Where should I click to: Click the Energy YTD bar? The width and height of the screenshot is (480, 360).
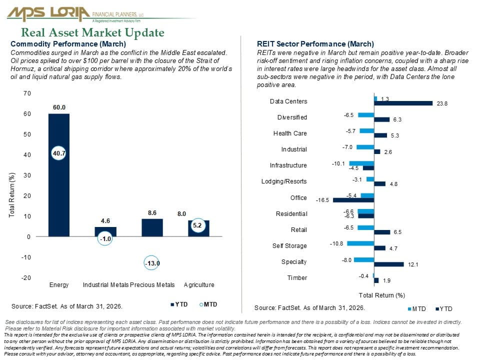[x=59, y=175]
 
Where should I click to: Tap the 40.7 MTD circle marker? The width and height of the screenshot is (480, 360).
[x=59, y=153]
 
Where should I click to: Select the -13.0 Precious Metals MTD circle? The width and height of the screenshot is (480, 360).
[x=152, y=263]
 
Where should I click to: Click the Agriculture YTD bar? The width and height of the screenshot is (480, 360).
[x=198, y=228]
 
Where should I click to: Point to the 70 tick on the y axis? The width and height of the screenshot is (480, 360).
[x=27, y=93]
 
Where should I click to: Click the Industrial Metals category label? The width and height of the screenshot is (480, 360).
[x=105, y=284]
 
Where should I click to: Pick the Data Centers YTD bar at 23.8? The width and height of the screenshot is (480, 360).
[x=403, y=103]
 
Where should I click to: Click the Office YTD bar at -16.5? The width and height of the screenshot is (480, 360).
[x=353, y=200]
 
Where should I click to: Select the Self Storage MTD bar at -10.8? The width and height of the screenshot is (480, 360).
[x=360, y=243]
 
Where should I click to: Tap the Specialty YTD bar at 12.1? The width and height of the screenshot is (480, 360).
[x=389, y=264]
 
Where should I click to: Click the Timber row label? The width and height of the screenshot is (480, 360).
[x=297, y=277]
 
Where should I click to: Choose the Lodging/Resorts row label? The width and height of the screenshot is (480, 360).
[x=284, y=181]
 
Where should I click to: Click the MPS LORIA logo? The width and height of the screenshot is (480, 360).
[x=75, y=14]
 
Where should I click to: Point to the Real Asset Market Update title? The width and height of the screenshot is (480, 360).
[x=92, y=32]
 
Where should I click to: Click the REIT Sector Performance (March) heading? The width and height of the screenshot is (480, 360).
[x=315, y=44]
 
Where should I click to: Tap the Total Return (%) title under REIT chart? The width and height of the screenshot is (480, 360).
[x=381, y=295]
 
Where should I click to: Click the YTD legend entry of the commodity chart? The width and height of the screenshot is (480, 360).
[x=179, y=304]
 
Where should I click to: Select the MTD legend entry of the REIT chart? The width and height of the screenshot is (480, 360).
[x=416, y=309]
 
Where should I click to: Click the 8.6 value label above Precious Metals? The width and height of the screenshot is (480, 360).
[x=152, y=213]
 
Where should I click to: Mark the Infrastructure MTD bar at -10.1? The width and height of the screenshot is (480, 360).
[x=361, y=163]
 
